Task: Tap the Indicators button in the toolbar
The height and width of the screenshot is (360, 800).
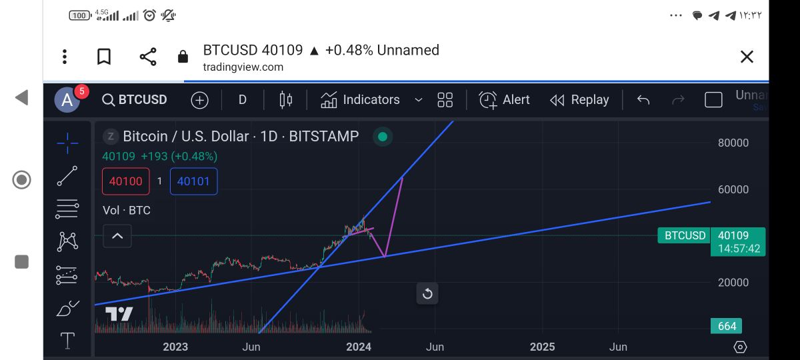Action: pos(361,100)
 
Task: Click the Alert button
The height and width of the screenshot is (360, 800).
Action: pos(505,100)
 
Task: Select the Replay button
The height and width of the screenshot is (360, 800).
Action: pos(579,100)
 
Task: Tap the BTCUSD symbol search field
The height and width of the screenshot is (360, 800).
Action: pos(135,100)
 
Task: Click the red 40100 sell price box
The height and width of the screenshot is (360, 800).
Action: pos(125,181)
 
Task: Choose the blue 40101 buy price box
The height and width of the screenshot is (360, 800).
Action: pos(193,181)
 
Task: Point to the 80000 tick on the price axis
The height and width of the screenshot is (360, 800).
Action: pos(733,143)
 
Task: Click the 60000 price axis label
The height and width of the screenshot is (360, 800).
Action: pos(733,189)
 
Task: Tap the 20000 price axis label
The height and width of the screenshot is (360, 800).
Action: pos(733,283)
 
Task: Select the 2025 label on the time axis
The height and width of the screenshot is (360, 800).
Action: pos(542,347)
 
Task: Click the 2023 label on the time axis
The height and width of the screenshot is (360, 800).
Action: pos(175,347)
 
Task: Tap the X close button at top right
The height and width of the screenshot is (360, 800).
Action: pos(747,57)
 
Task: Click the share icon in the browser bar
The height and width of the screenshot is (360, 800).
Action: pos(148,57)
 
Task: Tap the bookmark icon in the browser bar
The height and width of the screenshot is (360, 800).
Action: pos(104,57)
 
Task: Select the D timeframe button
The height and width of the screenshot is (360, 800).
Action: pos(242,100)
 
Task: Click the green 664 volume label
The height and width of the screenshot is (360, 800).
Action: pos(727,326)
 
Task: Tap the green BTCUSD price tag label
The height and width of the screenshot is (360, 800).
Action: pos(685,235)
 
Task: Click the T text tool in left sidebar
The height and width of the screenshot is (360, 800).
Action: pos(67,341)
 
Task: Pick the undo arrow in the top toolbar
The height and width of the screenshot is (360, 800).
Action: pos(643,100)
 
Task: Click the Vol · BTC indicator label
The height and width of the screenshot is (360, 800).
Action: pos(127,211)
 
